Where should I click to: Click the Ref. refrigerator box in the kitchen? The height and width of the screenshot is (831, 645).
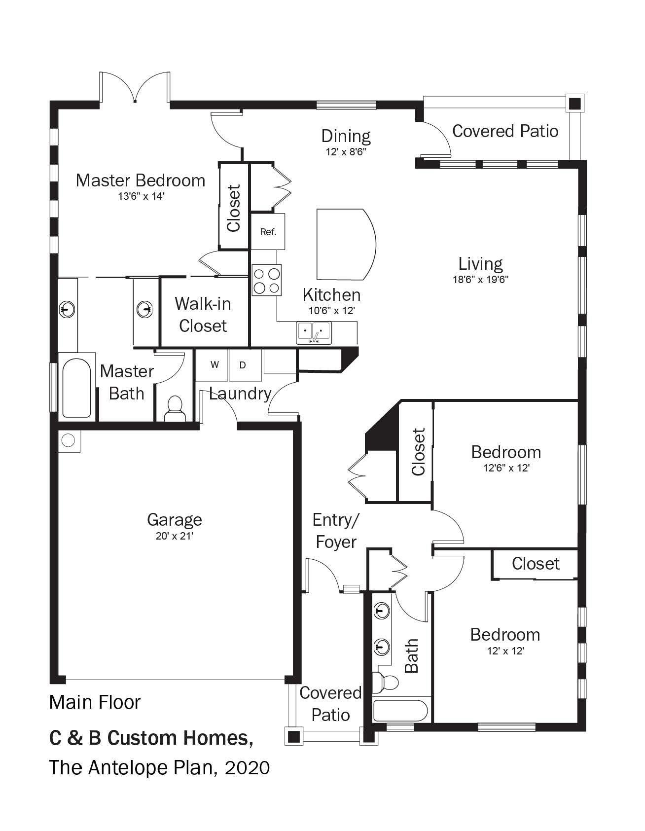[268, 231]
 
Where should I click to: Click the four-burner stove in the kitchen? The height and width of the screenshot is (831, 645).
[267, 280]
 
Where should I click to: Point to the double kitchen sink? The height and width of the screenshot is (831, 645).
[314, 332]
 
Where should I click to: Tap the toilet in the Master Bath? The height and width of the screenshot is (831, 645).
[173, 409]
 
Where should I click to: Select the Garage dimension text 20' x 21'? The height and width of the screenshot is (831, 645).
[174, 536]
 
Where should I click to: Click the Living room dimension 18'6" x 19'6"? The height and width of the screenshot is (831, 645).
[480, 280]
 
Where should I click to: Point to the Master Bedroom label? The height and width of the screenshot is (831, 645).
[141, 181]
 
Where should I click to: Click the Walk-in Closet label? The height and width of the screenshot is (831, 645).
[203, 315]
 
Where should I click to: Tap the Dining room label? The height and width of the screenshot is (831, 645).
[346, 136]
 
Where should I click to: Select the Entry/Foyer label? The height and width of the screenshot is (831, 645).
[336, 531]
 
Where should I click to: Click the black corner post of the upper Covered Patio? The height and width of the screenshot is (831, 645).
[574, 104]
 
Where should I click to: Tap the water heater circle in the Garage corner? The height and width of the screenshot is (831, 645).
[68, 439]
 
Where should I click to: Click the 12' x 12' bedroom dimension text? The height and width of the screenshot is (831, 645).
[505, 651]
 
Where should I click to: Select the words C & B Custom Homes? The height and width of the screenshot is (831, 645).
[151, 738]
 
